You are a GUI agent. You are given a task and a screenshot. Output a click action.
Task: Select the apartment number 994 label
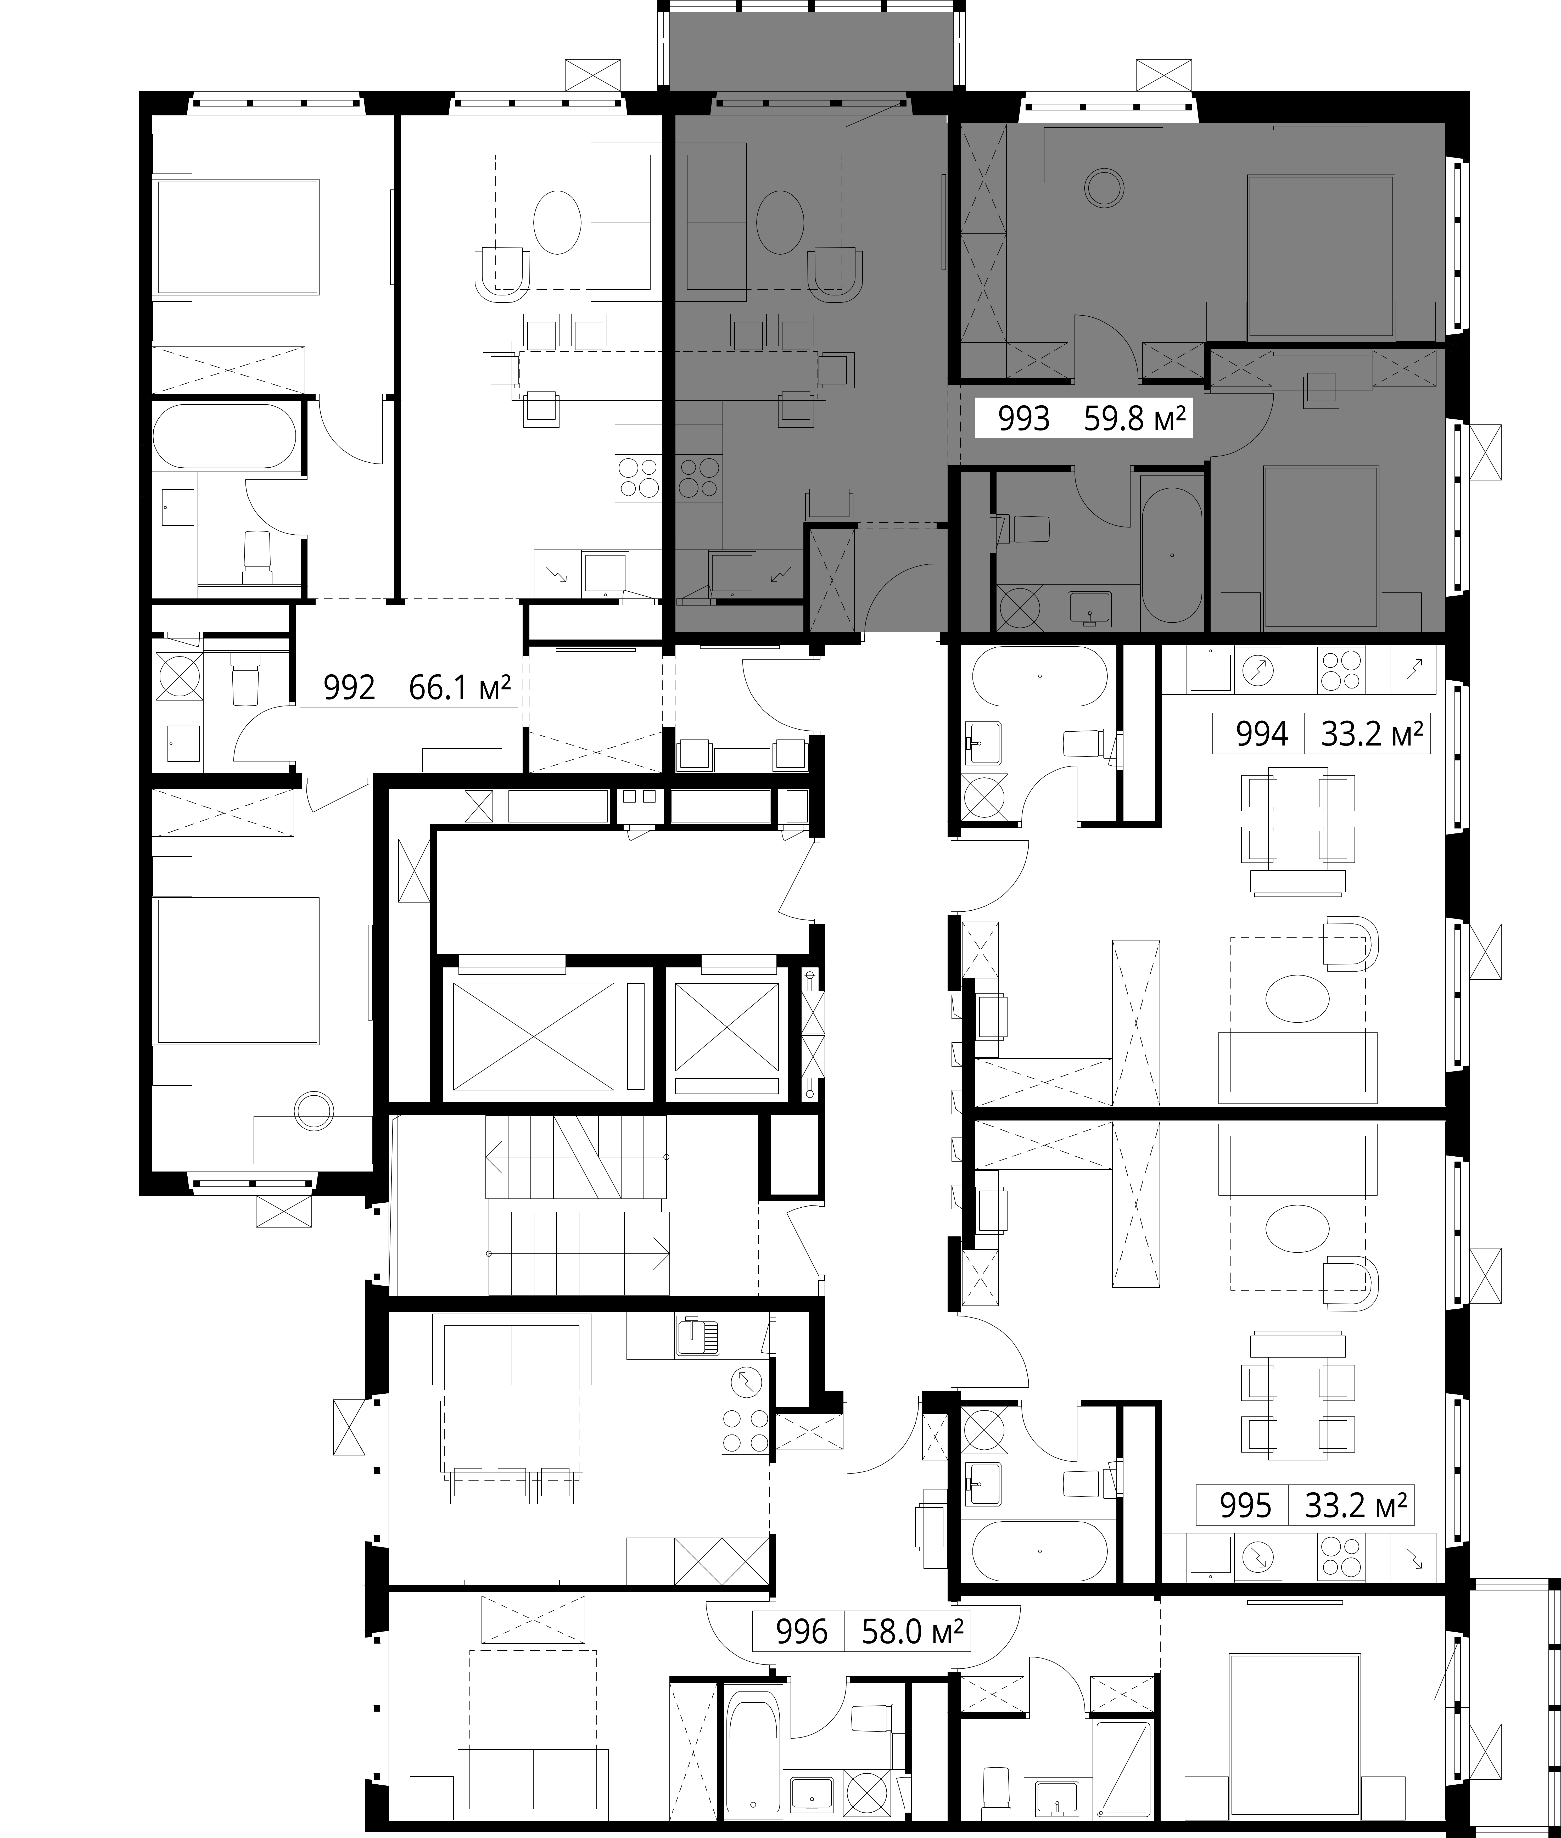click(1261, 734)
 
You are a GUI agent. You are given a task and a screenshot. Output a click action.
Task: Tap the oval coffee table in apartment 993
click(780, 222)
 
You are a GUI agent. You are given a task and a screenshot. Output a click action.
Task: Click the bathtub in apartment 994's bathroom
click(1039, 676)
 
